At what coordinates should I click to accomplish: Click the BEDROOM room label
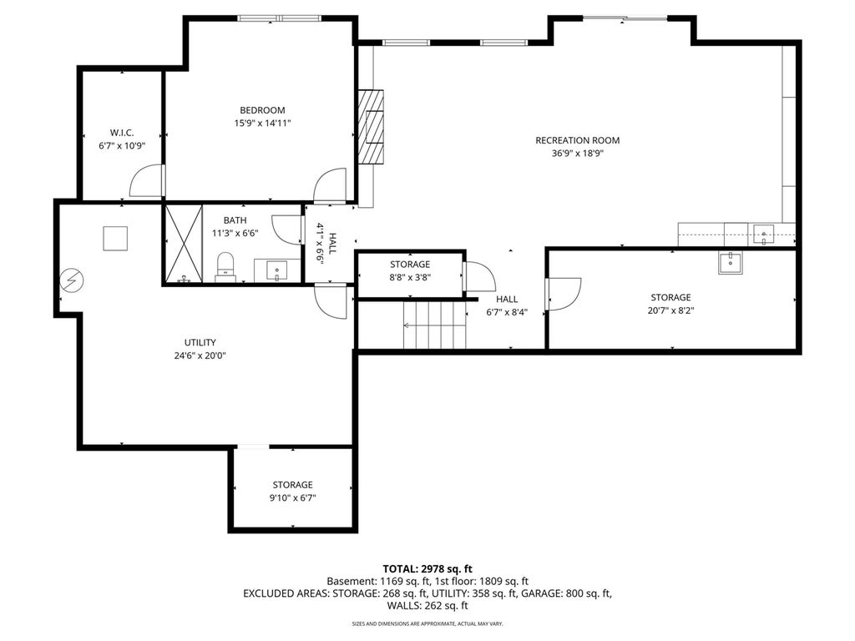pos(262,110)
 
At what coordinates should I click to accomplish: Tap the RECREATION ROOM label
pos(578,140)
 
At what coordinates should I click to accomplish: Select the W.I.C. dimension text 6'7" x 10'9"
pos(122,146)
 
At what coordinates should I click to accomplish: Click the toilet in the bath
pos(225,267)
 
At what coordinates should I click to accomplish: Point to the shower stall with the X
pos(184,244)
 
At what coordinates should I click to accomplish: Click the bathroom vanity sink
pos(277,271)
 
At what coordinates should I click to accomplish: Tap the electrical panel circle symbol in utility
pos(72,280)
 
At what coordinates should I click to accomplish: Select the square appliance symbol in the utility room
pos(115,238)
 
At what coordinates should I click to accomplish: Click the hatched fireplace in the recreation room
pos(370,127)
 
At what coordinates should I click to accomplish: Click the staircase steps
pos(434,326)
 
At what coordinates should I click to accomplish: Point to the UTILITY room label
pos(200,342)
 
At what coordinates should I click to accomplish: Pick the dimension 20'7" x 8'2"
pos(670,310)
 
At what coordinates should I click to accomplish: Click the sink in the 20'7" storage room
pos(730,263)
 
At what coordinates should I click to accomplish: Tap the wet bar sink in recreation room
pos(763,235)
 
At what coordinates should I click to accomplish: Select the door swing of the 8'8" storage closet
pos(478,277)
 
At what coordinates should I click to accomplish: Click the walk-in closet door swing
pos(146,180)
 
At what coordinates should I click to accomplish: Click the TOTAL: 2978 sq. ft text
pos(427,569)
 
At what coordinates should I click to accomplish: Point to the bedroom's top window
pos(279,18)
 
